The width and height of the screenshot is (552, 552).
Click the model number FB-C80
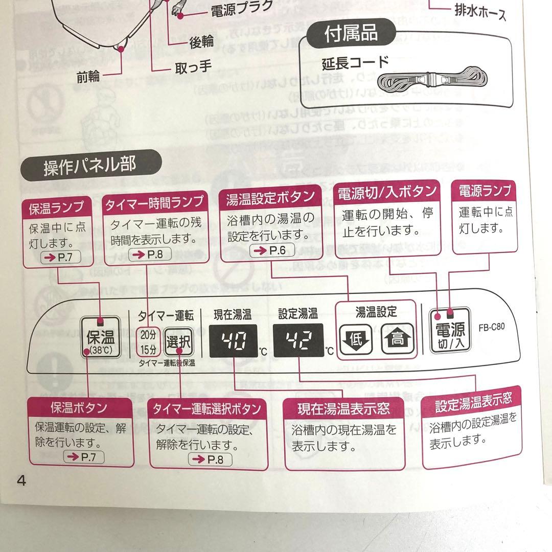click(491, 327)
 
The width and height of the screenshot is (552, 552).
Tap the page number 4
click(21, 481)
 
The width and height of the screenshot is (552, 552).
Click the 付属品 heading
click(351, 33)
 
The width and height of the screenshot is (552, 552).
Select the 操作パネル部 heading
click(89, 166)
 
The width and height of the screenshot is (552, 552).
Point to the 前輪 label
click(88, 77)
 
